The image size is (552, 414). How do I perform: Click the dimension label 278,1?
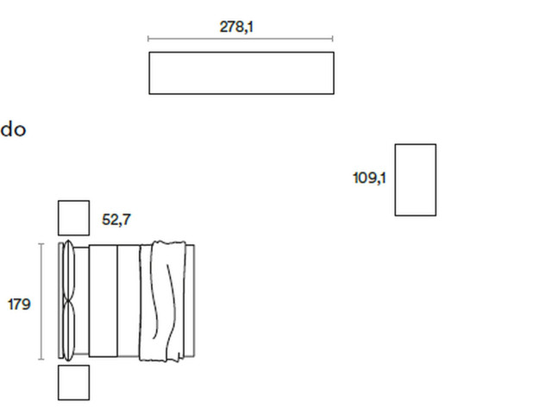[x=236, y=27]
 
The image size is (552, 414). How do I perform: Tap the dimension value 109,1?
[x=369, y=178]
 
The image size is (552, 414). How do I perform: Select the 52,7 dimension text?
[x=116, y=220]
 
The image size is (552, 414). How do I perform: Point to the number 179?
[x=19, y=304]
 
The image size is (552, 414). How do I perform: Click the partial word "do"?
[x=13, y=129]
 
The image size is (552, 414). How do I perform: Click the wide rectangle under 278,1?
[x=241, y=52]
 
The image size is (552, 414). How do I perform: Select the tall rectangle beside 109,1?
[x=395, y=179]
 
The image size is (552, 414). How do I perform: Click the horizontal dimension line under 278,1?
[x=241, y=38]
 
